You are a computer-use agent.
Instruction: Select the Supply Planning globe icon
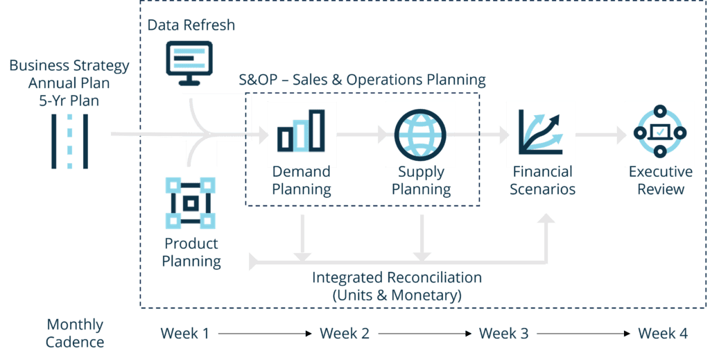pos(420,132)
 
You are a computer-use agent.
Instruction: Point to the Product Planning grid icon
pos(191,203)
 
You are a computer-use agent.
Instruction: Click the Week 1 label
pos(184,334)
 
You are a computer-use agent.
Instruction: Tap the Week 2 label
pos(344,334)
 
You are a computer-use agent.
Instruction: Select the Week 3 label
pos(503,334)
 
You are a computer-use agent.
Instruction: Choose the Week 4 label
pos(663,334)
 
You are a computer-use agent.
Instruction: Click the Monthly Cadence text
pos(75,333)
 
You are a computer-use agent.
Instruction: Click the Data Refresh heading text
pos(191,26)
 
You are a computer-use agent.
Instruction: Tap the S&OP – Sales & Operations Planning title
pos(361,80)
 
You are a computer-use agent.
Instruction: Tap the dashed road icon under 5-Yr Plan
pos(69,142)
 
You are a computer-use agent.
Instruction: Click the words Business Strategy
pos(69,66)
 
